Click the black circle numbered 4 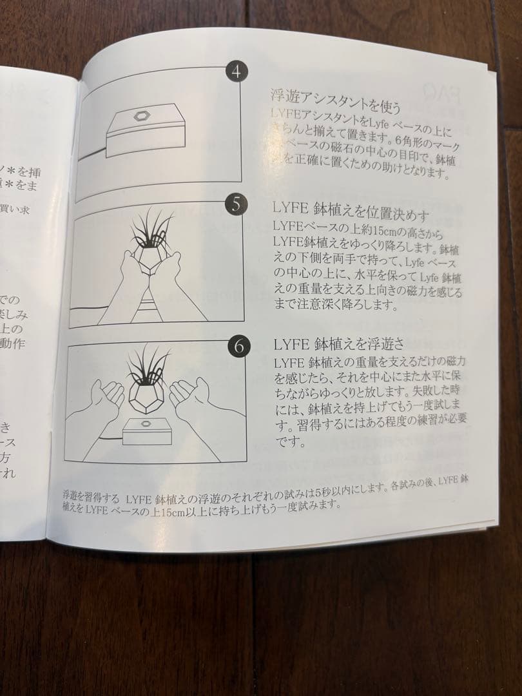click(x=236, y=72)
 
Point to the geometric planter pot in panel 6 click(x=148, y=395)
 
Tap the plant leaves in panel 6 click(x=147, y=365)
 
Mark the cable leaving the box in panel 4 click(x=90, y=155)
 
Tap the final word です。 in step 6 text click(x=287, y=443)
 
